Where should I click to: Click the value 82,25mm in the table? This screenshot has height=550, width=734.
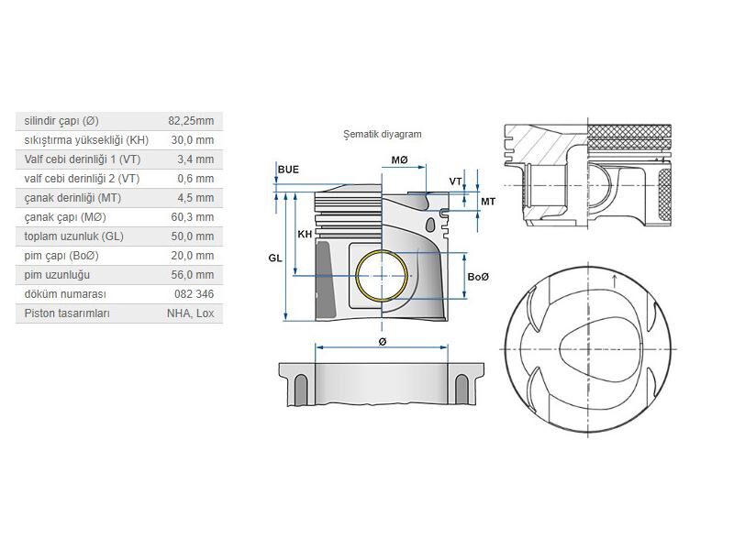pos(191,121)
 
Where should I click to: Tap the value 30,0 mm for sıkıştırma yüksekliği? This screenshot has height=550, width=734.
pos(192,140)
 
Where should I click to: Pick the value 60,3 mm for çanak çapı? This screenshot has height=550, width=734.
pos(192,217)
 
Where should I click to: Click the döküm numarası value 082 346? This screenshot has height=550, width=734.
pos(194,294)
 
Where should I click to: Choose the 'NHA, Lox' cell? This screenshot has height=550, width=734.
pos(190,313)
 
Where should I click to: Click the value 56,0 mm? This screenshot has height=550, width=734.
pos(192,275)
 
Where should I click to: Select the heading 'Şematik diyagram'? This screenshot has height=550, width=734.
pos(382,134)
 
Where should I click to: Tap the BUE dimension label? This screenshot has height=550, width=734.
pos(288,170)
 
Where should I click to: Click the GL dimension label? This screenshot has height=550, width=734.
pos(275,258)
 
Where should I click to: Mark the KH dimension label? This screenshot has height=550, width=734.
pos(305,235)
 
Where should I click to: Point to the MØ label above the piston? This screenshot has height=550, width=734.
pos(399,160)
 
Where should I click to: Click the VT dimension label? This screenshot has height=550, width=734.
pos(455,181)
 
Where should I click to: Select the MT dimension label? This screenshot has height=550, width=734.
pos(487,201)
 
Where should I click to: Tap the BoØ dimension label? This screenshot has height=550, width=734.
pos(477,277)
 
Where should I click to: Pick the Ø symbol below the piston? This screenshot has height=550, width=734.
pos(382,341)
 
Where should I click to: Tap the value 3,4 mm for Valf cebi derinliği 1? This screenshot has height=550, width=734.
pos(194,159)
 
